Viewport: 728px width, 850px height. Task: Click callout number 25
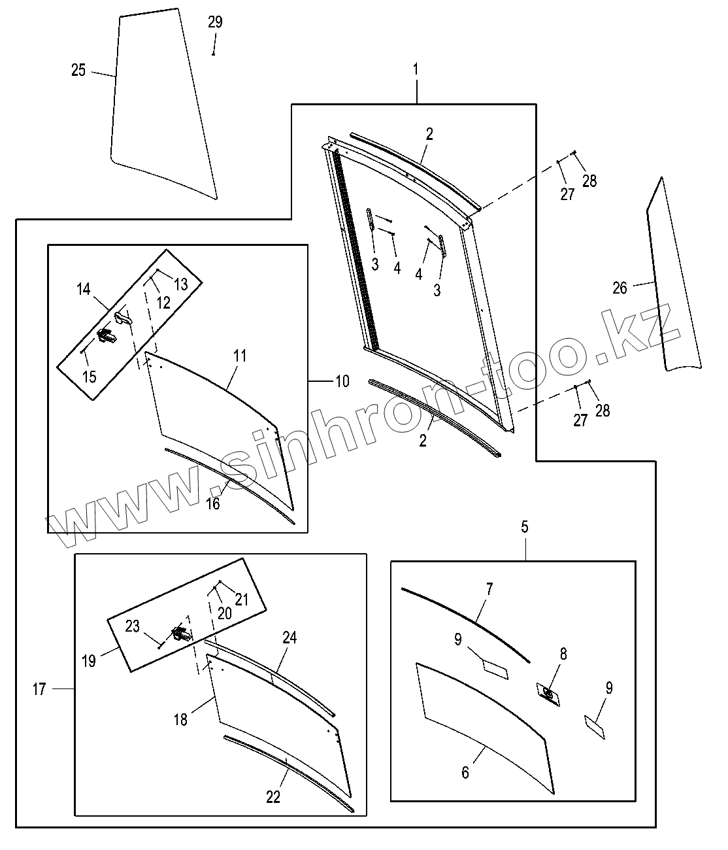pos(78,70)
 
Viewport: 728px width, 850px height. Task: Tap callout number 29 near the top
pos(215,22)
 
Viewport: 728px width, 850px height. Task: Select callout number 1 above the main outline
pos(416,68)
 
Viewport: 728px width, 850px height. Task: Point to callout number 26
pos(620,287)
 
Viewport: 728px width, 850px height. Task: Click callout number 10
pos(342,381)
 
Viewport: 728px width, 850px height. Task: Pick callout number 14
pos(84,288)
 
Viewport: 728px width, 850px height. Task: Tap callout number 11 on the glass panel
pos(240,356)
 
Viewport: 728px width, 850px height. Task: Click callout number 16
pos(213,503)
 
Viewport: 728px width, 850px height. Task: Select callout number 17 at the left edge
pos(39,688)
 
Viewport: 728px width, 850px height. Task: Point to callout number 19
pos(89,660)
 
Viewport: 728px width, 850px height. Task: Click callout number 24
pos(290,637)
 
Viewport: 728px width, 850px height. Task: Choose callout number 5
pos(525,527)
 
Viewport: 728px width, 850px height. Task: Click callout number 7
pos(489,589)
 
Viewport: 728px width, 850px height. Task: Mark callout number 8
pos(563,653)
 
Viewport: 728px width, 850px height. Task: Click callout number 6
pos(465,772)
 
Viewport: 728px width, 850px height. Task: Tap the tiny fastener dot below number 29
pos(214,54)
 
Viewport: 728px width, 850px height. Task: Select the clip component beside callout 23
pos(181,634)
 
